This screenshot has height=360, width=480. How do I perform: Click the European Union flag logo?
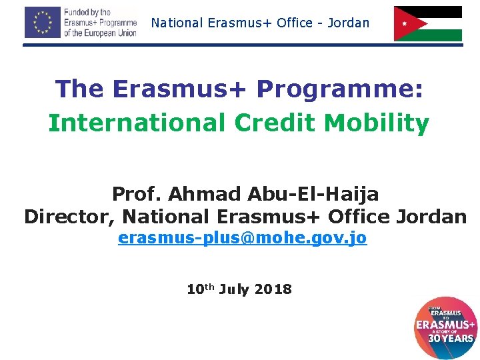[x=42, y=22]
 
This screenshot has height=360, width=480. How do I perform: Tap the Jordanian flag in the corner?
[x=427, y=23]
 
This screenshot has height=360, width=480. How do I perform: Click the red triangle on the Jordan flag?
[x=404, y=23]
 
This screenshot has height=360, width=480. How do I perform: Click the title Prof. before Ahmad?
[x=137, y=194]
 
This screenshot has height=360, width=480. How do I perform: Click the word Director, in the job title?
[x=69, y=217]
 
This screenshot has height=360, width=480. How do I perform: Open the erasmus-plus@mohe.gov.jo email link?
[x=242, y=238]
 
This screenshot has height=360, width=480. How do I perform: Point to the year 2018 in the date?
[x=273, y=289]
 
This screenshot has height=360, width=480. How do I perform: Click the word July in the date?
[x=233, y=289]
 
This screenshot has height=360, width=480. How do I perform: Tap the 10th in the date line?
[x=199, y=289]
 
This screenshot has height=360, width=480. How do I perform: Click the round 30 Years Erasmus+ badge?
[x=445, y=327]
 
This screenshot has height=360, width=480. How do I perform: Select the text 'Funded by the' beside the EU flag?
[x=87, y=13]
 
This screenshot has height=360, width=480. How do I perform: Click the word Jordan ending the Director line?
[x=431, y=217]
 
